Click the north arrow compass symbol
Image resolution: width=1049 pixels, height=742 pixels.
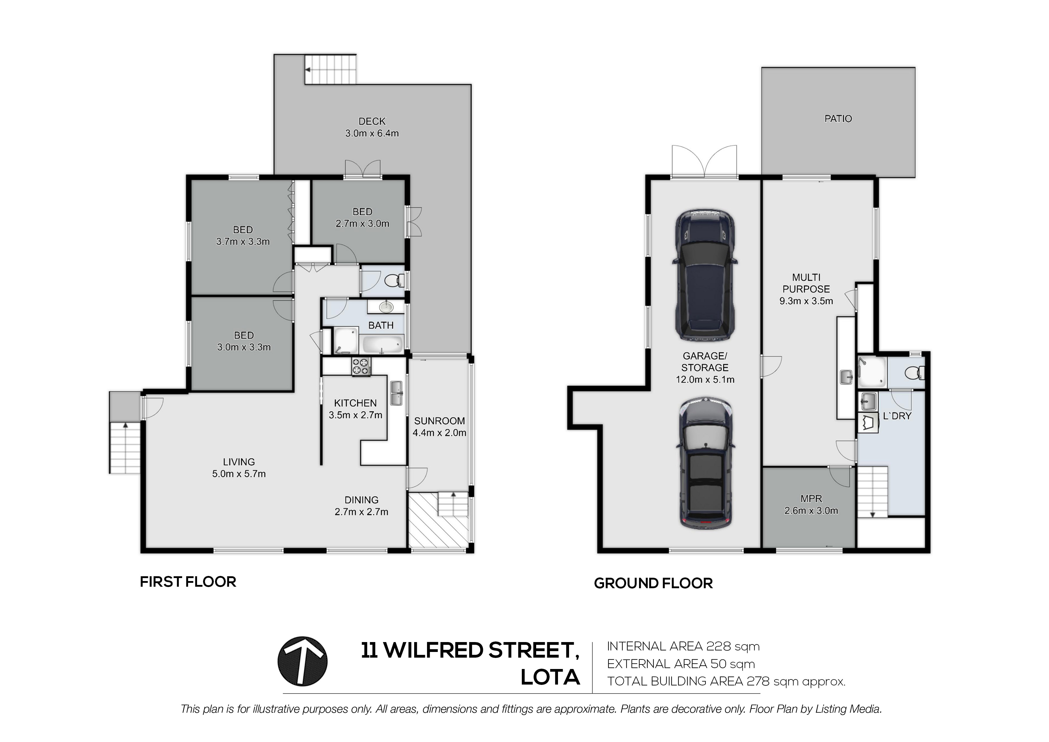302,661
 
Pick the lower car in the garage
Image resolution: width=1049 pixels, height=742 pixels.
705,463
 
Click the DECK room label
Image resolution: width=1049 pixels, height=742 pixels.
372,121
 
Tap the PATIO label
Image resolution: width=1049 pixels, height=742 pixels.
838,118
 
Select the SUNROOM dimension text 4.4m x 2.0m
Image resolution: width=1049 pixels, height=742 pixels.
440,433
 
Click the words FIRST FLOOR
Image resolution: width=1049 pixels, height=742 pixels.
188,582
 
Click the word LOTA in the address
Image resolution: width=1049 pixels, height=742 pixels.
551,677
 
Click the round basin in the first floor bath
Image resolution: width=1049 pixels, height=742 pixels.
386,306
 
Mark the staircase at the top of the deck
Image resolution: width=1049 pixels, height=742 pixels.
330,69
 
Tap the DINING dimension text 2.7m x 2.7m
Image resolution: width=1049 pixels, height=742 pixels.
362,512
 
